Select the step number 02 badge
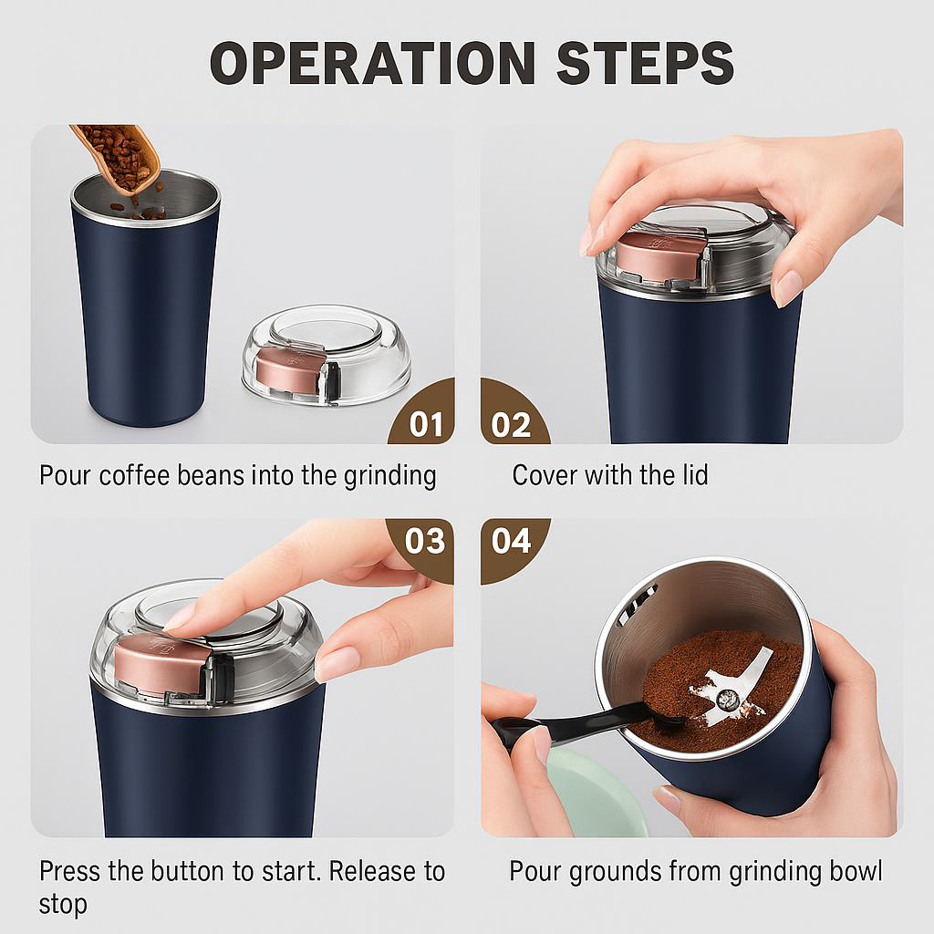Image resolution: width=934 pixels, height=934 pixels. [511, 424]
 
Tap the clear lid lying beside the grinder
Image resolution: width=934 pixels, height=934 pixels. [326, 355]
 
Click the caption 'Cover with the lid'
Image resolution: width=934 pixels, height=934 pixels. [609, 475]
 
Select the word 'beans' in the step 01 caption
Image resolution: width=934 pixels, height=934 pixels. [232, 475]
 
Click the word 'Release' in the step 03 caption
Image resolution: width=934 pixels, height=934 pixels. [374, 871]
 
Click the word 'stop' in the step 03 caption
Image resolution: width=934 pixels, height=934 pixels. [63, 905]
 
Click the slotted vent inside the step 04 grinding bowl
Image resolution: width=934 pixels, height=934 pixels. [638, 602]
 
